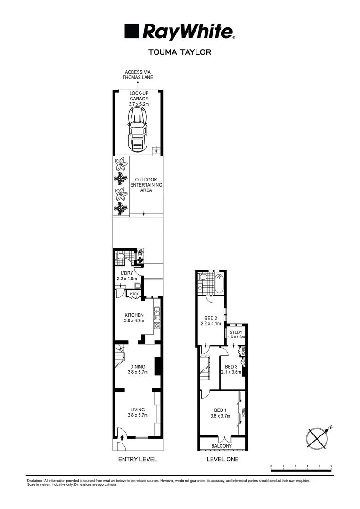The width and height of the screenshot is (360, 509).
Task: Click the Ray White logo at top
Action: pyautogui.click(x=180, y=32)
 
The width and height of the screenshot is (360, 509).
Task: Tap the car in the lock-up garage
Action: pyautogui.click(x=138, y=128)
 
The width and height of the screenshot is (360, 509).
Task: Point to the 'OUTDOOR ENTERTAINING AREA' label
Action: pyautogui.click(x=148, y=185)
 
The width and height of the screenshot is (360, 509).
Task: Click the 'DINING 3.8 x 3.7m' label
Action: pyautogui.click(x=137, y=369)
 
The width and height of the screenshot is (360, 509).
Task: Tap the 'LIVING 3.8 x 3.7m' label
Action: pyautogui.click(x=138, y=412)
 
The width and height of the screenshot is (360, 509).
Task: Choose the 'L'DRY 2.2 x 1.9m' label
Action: pyautogui.click(x=126, y=276)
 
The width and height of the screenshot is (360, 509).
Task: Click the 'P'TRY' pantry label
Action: pyautogui.click(x=134, y=295)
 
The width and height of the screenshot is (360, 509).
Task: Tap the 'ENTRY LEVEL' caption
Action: pyautogui.click(x=138, y=459)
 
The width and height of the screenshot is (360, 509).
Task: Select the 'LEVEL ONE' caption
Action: pyautogui.click(x=222, y=459)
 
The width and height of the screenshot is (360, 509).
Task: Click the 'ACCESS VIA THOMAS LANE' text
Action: pyautogui.click(x=138, y=75)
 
